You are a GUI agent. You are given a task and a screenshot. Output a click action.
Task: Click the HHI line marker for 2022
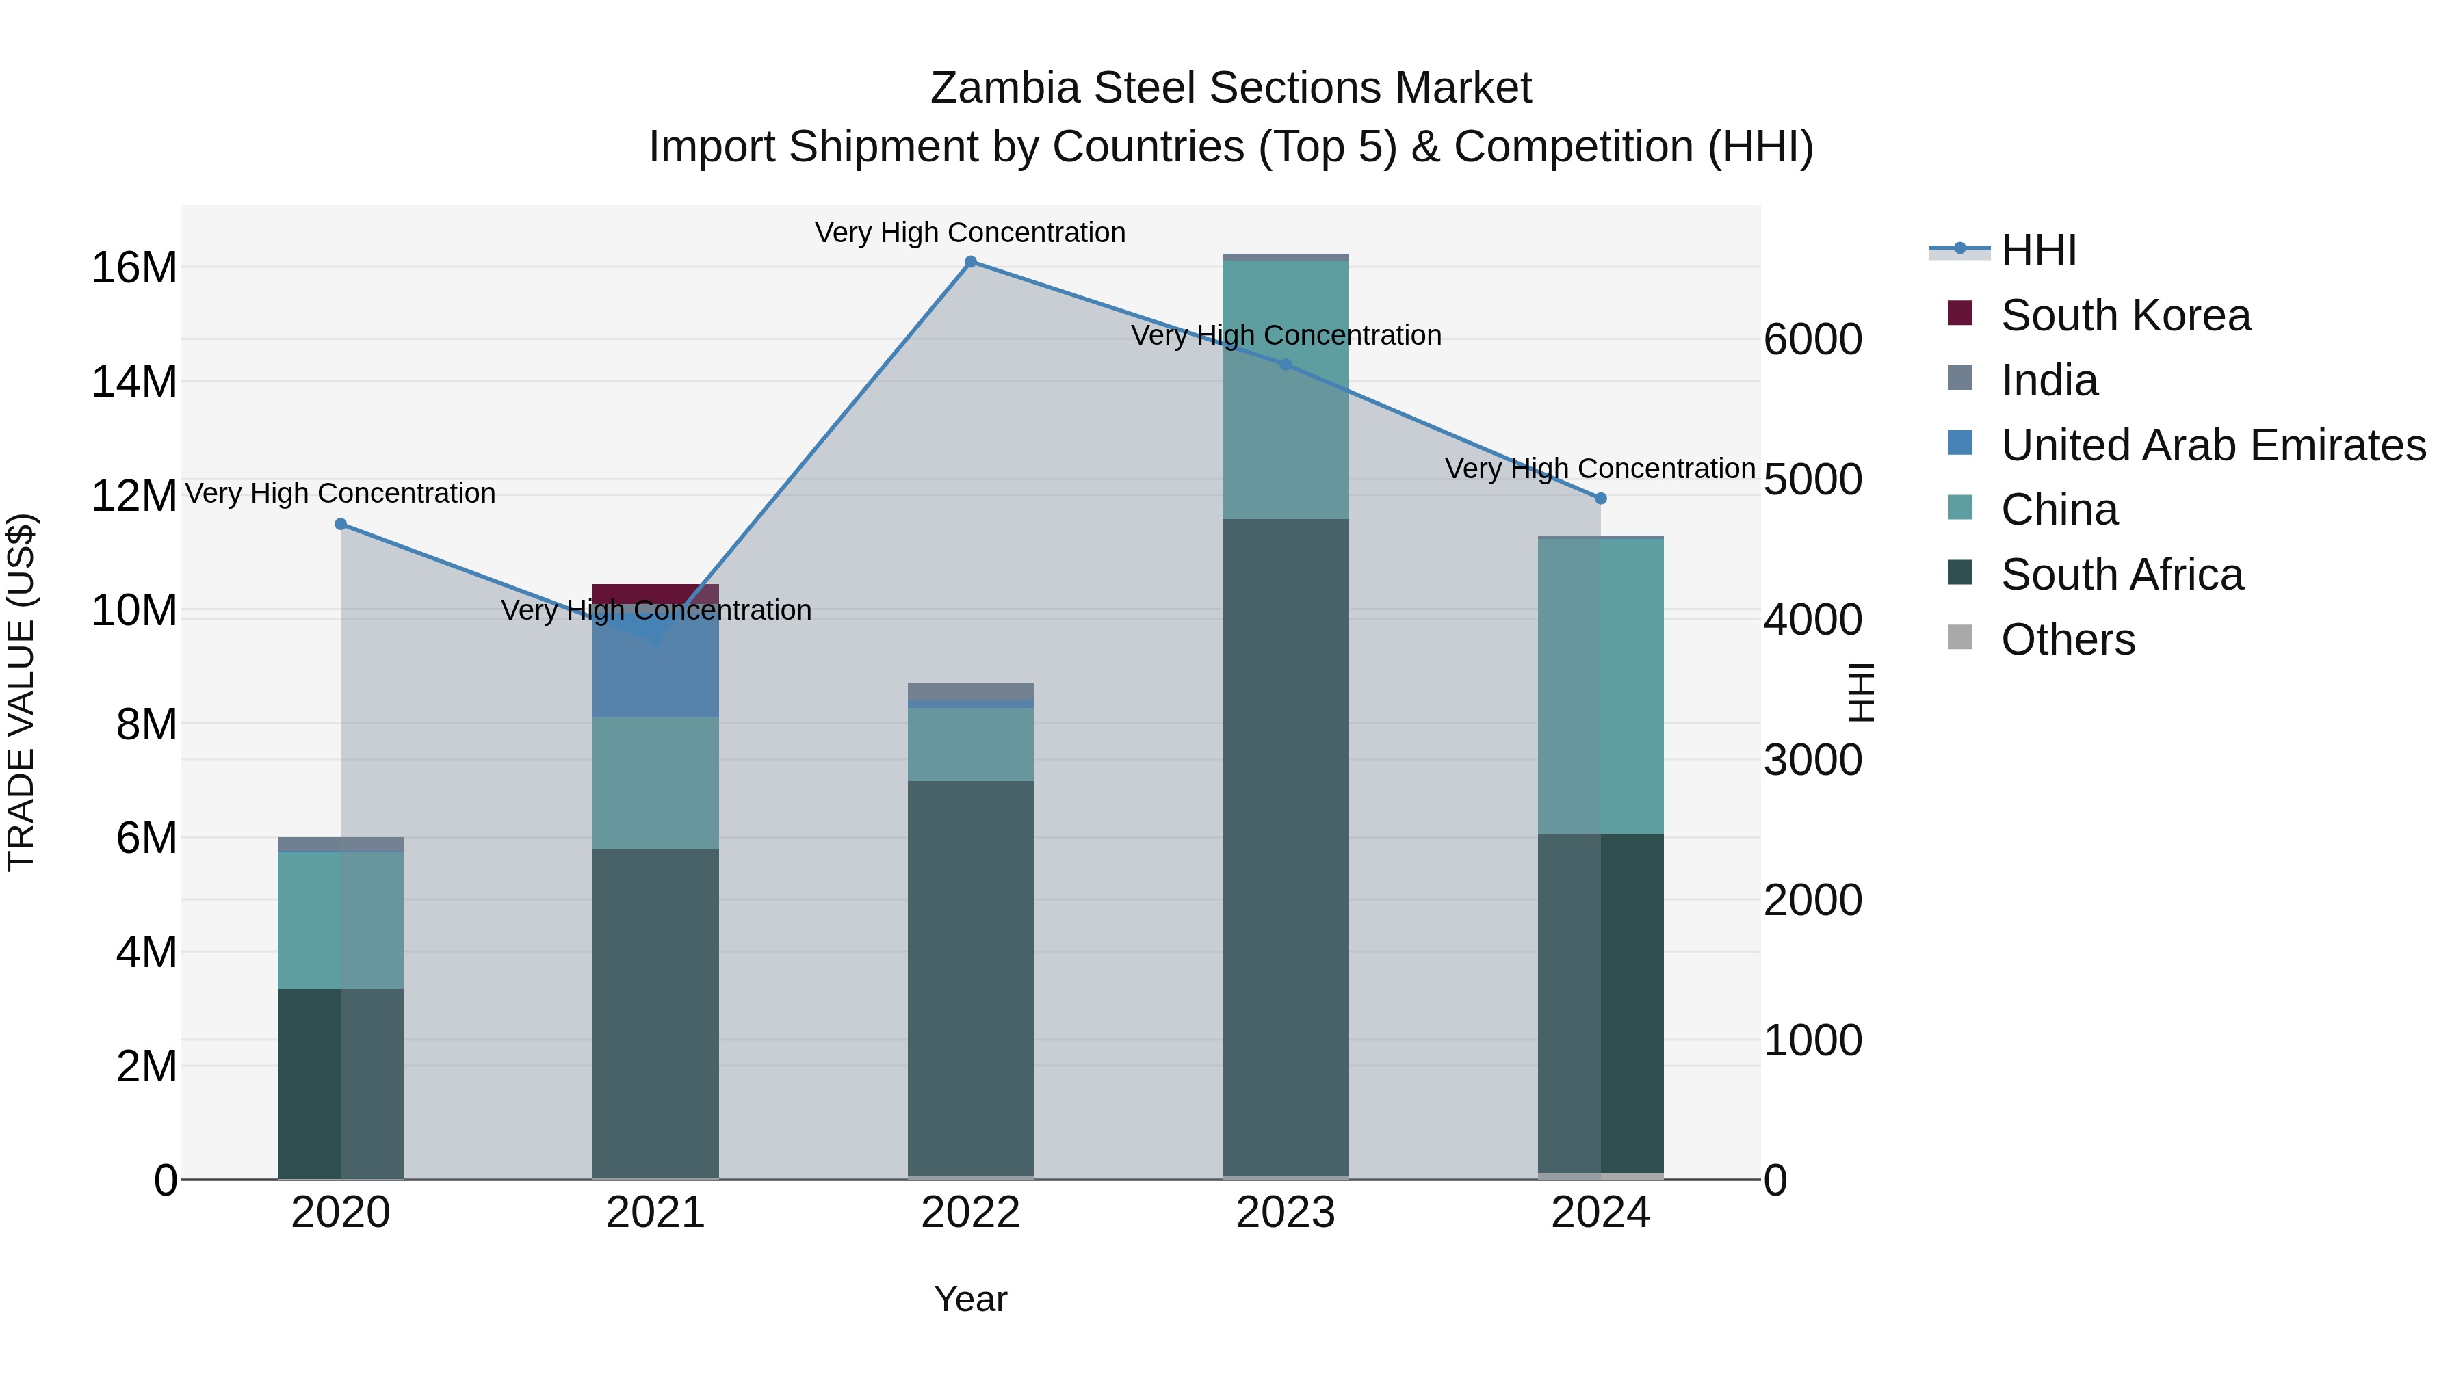coord(970,262)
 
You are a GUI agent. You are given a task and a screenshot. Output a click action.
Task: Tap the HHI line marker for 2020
coord(341,524)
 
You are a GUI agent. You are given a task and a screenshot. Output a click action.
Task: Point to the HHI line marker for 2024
coord(1600,498)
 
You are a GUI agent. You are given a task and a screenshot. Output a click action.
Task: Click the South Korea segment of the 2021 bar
coord(656,592)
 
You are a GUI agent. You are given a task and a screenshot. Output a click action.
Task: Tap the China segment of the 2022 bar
coord(970,743)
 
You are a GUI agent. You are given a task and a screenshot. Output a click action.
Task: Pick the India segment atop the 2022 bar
coord(970,691)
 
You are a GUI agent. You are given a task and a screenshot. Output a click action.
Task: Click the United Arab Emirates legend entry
coord(2213,445)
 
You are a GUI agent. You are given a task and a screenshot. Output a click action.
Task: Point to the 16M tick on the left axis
coord(134,267)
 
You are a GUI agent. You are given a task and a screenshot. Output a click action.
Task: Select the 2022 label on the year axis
coord(970,1213)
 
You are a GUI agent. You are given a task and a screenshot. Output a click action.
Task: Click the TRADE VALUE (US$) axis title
coord(21,692)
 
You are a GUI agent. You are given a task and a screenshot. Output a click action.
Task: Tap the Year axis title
coord(970,1299)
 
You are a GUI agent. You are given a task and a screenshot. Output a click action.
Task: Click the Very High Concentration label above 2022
coord(970,233)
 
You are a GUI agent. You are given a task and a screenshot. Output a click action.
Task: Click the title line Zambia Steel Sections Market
coord(1231,88)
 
